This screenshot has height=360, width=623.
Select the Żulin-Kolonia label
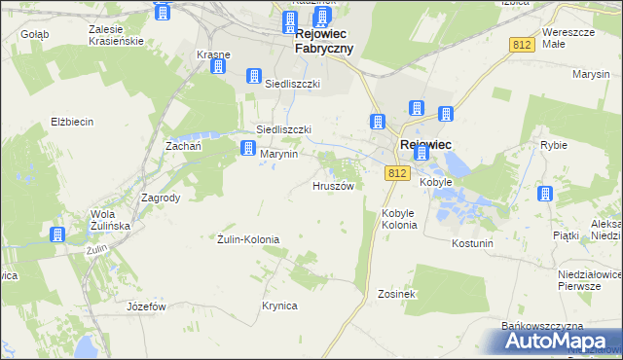[247, 238]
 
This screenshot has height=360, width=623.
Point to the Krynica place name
[278, 306]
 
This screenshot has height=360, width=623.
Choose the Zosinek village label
[397, 293]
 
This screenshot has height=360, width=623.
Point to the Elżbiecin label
[72, 122]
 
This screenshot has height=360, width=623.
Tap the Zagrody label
[161, 197]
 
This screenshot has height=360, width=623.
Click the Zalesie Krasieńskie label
[115, 36]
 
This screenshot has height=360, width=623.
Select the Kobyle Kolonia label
[399, 218]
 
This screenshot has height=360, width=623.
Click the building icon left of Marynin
[248, 148]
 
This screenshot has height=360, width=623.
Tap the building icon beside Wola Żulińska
[57, 234]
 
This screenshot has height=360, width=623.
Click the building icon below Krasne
[218, 67]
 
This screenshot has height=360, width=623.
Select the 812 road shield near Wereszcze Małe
[523, 45]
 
